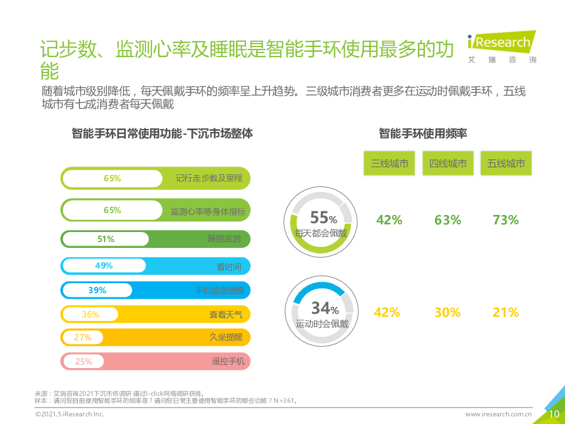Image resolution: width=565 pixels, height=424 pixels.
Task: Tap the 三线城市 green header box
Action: [x=389, y=163]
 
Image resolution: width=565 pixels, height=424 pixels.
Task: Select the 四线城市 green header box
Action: [x=448, y=163]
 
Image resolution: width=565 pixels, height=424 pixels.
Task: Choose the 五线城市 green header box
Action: [x=506, y=163]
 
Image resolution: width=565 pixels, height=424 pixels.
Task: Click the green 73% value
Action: [x=506, y=220]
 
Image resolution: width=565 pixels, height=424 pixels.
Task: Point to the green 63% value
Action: [x=447, y=220]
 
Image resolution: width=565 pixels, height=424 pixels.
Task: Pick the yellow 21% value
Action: [x=506, y=313]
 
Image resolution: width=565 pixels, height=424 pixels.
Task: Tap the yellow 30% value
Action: [x=447, y=313]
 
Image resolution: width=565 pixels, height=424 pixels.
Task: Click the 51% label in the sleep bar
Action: [x=106, y=239]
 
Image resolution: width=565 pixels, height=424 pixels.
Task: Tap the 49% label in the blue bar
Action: [x=104, y=266]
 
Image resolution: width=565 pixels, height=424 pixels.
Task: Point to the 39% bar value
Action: [x=97, y=290]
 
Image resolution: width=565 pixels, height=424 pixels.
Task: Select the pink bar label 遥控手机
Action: [x=228, y=361]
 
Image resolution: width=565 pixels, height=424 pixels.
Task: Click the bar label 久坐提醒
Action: [x=226, y=337]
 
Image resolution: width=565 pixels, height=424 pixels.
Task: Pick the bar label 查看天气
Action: [x=225, y=314]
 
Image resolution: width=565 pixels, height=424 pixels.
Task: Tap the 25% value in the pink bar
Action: [x=84, y=362]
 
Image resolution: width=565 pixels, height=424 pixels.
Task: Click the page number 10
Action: [x=554, y=414]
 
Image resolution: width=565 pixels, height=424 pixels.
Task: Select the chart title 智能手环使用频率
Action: [x=423, y=134]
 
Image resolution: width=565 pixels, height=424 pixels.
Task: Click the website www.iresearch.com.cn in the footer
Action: [x=498, y=415]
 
